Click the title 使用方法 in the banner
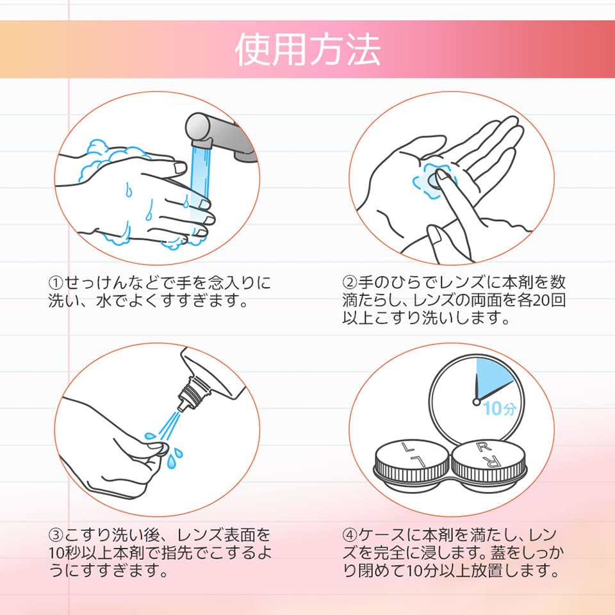307,49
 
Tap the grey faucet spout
220,135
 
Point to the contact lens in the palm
433,181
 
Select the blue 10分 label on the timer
499,408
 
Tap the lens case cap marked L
412,461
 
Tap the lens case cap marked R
489,461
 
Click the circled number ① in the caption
56,283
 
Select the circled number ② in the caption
350,283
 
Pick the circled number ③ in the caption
56,535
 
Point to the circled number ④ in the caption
350,535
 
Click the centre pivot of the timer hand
477,402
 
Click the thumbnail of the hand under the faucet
180,168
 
